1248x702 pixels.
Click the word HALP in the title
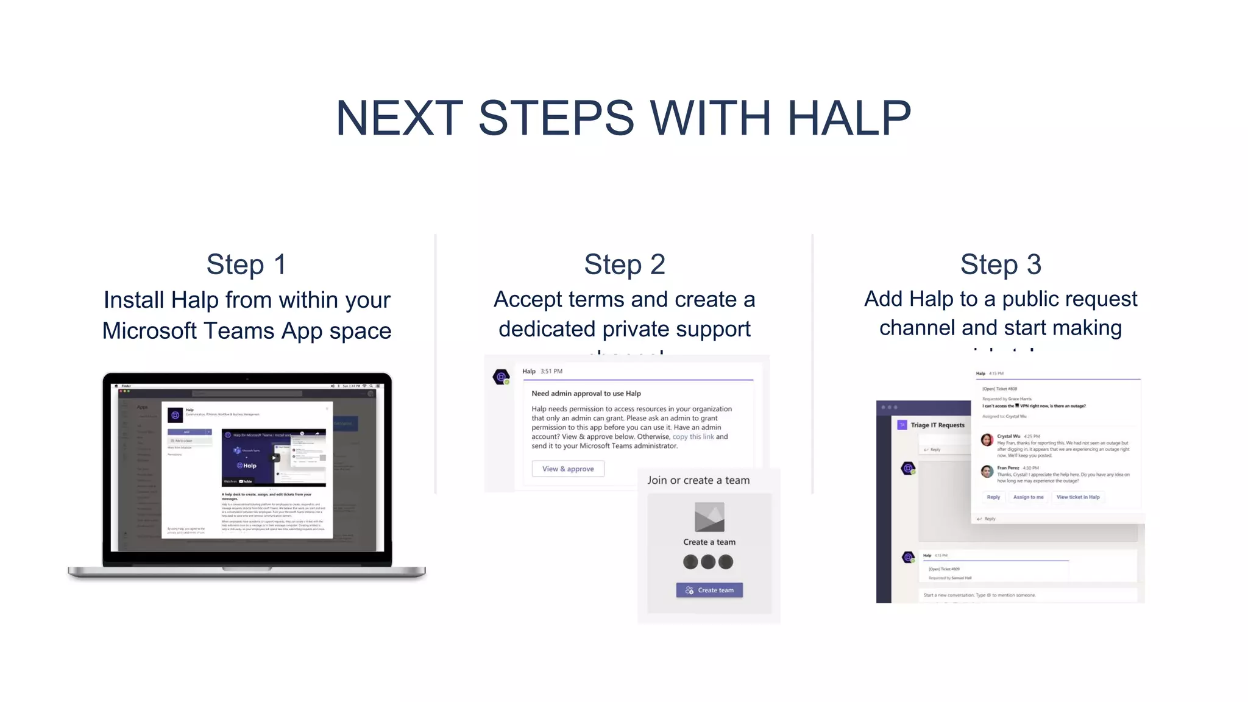point(849,118)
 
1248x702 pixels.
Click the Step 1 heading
point(246,264)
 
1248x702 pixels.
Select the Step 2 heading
point(624,264)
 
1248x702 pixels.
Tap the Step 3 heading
point(1001,264)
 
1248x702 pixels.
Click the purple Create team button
point(709,590)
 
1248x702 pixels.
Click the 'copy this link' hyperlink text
point(693,437)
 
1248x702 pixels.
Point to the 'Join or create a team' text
point(698,480)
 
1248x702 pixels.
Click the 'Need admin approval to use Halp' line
point(586,394)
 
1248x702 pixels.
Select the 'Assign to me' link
point(1028,497)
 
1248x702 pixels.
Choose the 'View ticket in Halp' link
point(1078,497)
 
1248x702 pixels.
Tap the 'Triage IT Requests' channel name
point(937,425)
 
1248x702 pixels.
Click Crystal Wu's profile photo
point(987,440)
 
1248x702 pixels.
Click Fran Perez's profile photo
point(987,471)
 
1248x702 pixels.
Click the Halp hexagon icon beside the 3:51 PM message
point(501,377)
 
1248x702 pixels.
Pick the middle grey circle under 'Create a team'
point(708,562)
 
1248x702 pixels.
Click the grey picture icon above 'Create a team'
point(709,517)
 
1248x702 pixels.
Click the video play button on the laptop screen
point(275,458)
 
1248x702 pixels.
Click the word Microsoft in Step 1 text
point(149,331)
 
